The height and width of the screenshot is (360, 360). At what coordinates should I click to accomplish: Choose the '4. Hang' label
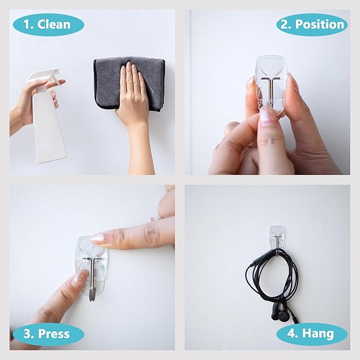click(311, 334)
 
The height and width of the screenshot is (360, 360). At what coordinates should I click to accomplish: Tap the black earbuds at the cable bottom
click(281, 315)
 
